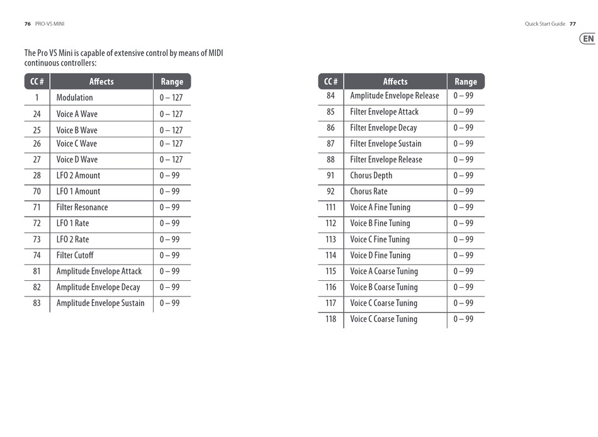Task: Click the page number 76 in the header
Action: coord(28,24)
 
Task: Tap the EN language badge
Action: coord(588,39)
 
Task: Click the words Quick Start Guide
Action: coord(544,24)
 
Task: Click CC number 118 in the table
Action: coord(330,319)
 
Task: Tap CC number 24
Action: coord(37,114)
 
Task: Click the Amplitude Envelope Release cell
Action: coord(395,96)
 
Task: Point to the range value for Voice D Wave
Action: coord(171,160)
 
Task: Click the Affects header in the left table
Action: coord(101,81)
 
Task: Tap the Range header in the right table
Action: coord(466,81)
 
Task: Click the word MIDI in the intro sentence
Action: coord(215,54)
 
